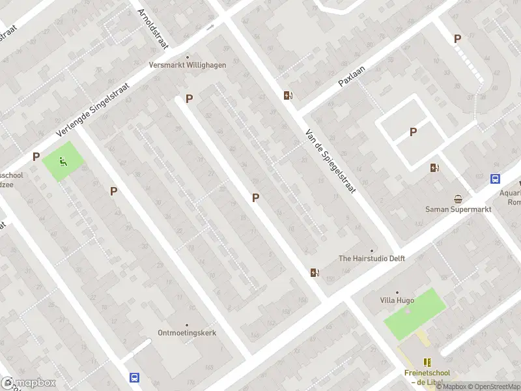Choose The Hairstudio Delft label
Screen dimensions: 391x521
coord(372,258)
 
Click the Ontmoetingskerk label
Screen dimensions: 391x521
coord(187,332)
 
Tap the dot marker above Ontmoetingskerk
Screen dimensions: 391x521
coord(187,325)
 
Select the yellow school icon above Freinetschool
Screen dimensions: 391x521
coord(427,362)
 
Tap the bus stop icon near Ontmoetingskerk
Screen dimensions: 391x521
coord(134,377)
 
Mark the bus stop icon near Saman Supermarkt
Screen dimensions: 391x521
coord(495,179)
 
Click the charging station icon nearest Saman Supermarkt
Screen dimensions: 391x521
coord(434,168)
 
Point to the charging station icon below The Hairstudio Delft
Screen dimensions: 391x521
coord(315,272)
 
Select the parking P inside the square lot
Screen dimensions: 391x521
coord(413,132)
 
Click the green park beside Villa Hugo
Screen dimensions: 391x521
coord(415,312)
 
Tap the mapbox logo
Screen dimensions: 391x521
coord(29,383)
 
